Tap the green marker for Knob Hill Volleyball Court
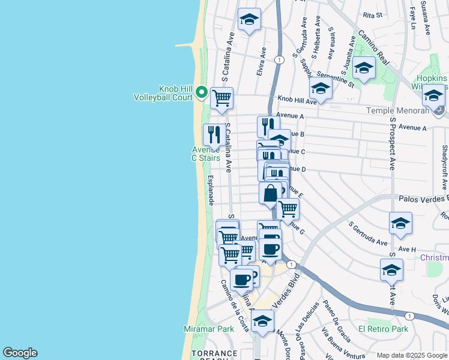point(201,93)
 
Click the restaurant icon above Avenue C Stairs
point(214,134)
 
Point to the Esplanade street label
point(211,190)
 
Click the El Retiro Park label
point(383,329)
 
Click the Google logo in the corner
point(20,353)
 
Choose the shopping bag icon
point(270,193)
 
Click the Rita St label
point(373,15)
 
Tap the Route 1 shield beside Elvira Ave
point(279,59)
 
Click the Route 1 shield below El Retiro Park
point(409,316)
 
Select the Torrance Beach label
point(214,355)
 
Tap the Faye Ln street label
point(412,17)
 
